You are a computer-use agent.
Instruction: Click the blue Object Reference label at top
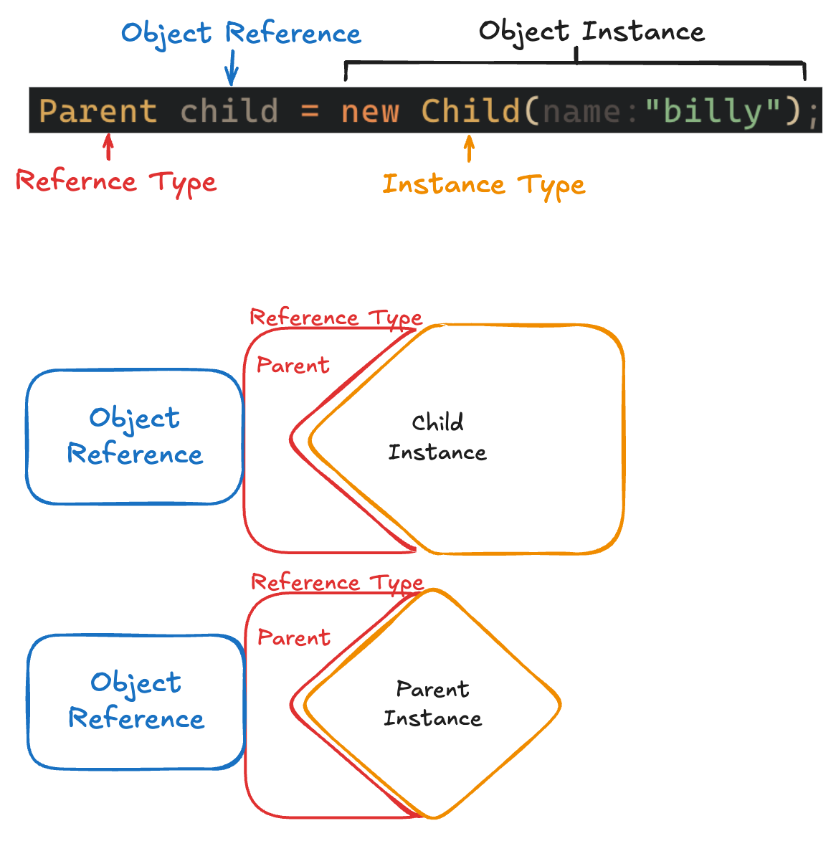tap(241, 34)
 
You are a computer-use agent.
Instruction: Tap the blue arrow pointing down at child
tap(231, 71)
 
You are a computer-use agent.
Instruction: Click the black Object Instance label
tap(592, 32)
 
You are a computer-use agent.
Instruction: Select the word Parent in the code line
tap(98, 111)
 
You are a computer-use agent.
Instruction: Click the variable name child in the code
tap(229, 111)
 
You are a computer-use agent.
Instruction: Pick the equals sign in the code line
tap(310, 111)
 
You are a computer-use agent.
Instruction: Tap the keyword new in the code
tap(370, 111)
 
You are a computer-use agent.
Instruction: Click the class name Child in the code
tap(470, 111)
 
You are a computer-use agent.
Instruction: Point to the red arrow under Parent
tap(108, 148)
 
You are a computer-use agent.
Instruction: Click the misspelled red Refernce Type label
tap(116, 181)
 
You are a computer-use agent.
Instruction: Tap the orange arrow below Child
tap(469, 149)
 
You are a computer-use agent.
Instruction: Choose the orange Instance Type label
tap(484, 184)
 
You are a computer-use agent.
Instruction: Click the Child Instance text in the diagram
tap(437, 437)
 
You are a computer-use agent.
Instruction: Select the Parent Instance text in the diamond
tap(432, 703)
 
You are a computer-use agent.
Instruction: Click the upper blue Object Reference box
tap(135, 436)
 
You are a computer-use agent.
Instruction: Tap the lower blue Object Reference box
tap(136, 701)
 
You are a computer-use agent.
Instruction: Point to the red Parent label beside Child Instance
tap(293, 366)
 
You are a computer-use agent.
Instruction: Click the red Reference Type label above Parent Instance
tap(337, 582)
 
